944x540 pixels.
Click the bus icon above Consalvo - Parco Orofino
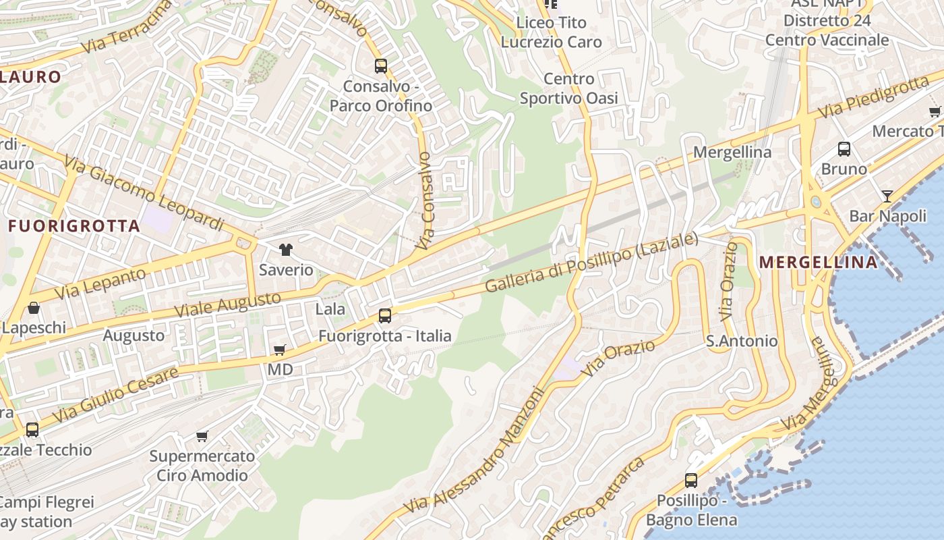[381, 65]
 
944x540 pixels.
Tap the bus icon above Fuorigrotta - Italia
[385, 315]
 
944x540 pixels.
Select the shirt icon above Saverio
[286, 249]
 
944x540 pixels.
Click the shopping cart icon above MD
[280, 350]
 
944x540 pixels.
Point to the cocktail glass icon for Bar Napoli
[887, 196]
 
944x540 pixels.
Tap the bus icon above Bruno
[844, 149]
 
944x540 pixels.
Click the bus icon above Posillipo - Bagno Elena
[691, 481]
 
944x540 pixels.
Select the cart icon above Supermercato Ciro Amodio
[202, 436]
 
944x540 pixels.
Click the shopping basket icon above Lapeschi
[34, 308]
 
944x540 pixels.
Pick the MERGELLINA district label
[819, 262]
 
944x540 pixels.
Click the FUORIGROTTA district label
[74, 226]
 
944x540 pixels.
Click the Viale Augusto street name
[227, 304]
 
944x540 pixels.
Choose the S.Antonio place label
[742, 341]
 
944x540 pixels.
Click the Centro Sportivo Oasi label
[568, 88]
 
